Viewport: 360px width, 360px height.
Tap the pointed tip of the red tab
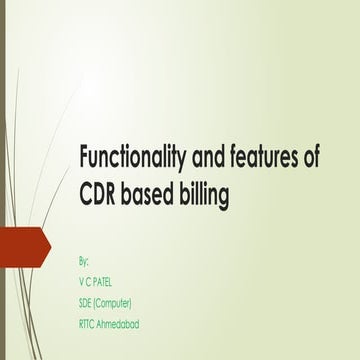point(50,245)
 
